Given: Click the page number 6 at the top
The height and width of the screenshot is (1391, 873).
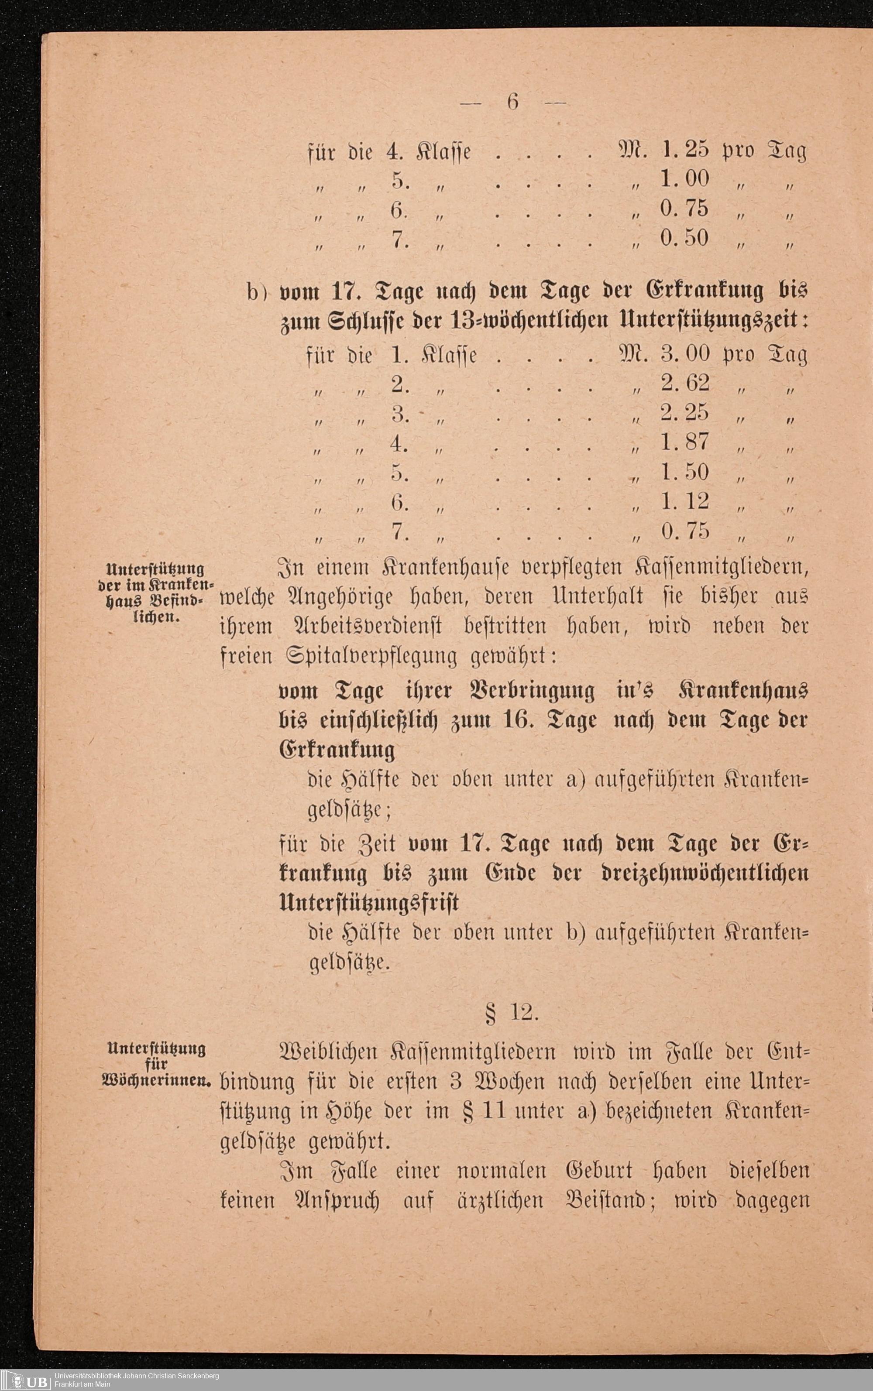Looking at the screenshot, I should [x=512, y=102].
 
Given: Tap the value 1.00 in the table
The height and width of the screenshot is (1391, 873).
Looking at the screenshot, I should [x=685, y=179].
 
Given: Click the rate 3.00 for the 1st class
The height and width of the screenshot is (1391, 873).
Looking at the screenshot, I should [x=685, y=354].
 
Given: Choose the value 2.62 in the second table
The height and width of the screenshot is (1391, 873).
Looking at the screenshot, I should [x=685, y=383].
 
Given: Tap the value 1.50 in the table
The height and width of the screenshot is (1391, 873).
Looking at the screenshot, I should [x=685, y=472].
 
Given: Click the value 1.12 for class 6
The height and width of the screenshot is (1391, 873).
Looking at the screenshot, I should [x=685, y=501].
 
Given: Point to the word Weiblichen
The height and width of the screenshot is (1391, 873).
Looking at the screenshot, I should [x=329, y=1052].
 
